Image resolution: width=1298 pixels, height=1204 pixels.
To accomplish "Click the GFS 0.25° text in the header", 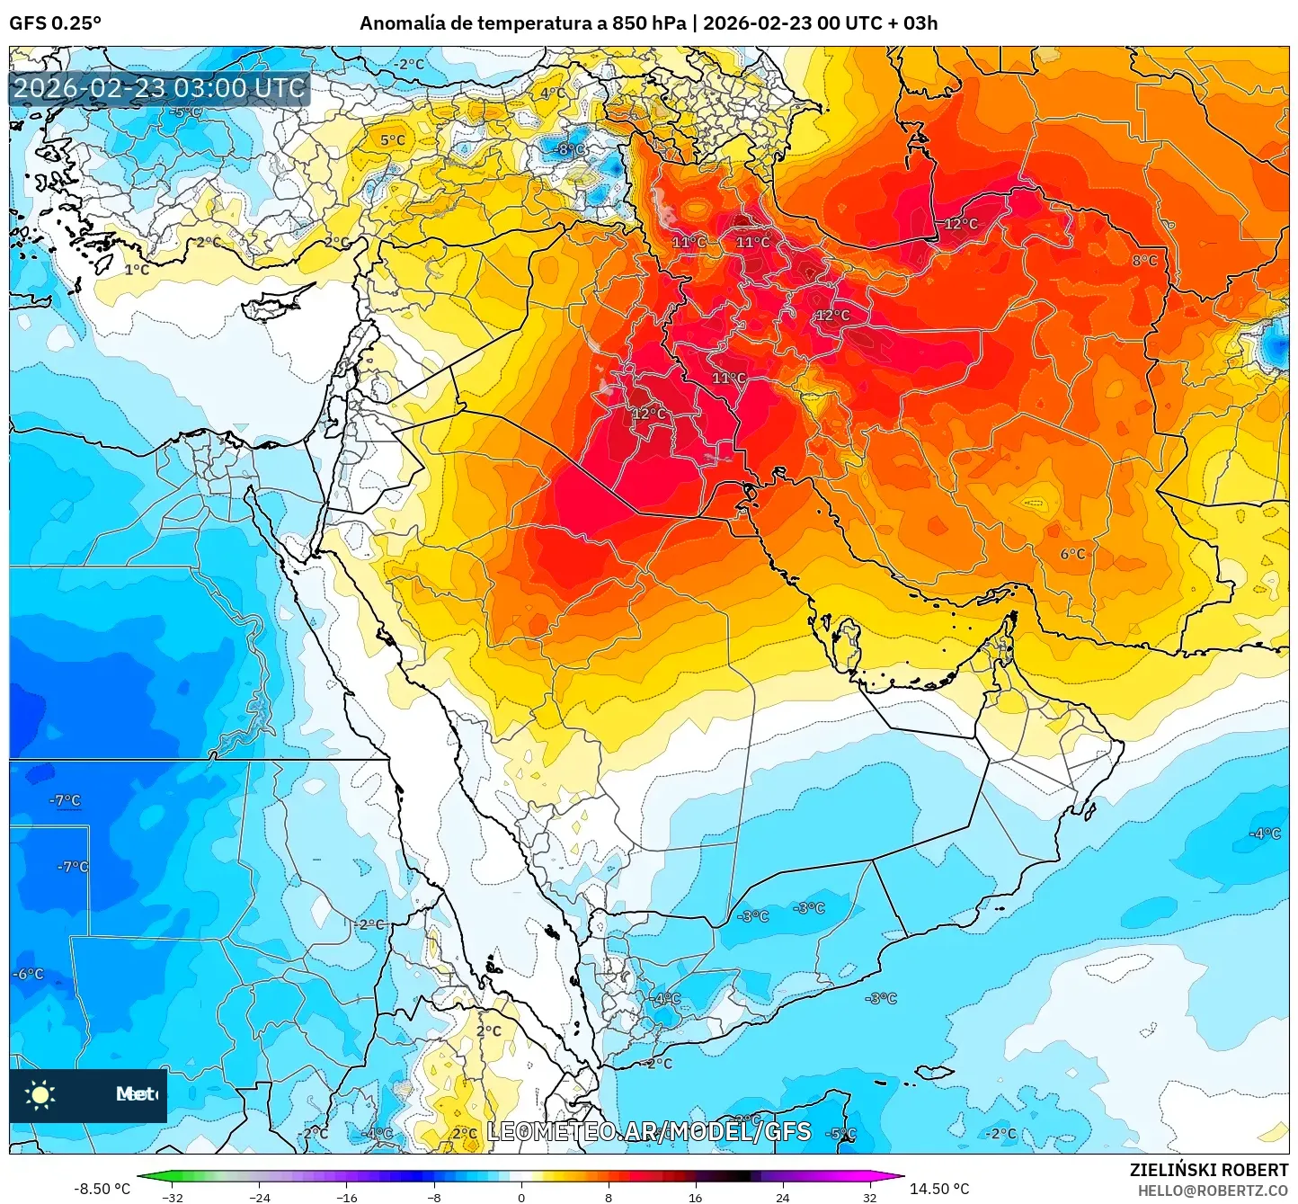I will tap(55, 23).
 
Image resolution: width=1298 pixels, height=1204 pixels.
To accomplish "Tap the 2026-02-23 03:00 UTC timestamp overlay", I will tap(159, 88).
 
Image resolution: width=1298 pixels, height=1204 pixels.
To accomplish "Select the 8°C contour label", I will tap(1144, 261).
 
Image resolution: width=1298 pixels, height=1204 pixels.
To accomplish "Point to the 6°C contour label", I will tap(1072, 554).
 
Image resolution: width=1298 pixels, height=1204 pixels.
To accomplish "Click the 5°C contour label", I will tap(392, 140).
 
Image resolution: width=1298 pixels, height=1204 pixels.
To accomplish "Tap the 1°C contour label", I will tap(137, 270).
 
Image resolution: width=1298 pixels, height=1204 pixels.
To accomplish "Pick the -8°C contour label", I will tap(570, 149).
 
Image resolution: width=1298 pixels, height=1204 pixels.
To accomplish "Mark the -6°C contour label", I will tap(28, 974).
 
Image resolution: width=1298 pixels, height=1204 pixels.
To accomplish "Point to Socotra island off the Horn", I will tap(935, 1072).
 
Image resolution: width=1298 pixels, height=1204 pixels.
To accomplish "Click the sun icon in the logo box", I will tap(40, 1094).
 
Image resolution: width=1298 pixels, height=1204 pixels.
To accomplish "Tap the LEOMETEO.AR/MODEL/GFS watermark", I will tap(648, 1131).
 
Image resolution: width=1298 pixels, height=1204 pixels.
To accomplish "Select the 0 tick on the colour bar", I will tap(521, 1197).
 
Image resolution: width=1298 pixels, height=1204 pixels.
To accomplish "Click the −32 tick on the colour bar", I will tap(172, 1197).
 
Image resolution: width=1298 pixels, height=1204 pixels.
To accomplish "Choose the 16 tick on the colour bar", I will tap(695, 1197).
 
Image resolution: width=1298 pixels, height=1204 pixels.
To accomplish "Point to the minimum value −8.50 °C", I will tap(102, 1189).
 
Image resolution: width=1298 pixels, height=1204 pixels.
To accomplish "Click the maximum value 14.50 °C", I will tap(939, 1189).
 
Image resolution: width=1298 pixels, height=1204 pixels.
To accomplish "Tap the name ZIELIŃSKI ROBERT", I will tap(1209, 1170).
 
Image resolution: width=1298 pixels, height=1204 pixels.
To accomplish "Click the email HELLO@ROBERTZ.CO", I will tap(1212, 1191).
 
